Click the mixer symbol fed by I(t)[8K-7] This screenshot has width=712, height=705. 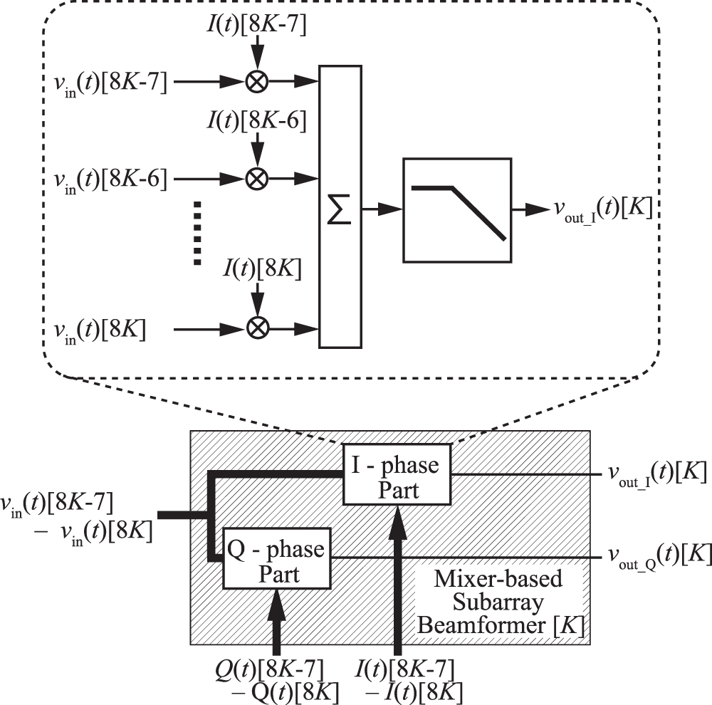pyautogui.click(x=256, y=83)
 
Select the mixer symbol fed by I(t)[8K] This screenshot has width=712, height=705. pyautogui.click(x=256, y=328)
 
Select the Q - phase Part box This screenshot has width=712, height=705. pyautogui.click(x=278, y=558)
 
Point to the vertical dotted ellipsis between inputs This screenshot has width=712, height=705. pyautogui.click(x=198, y=234)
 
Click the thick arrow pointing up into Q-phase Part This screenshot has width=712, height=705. pyautogui.click(x=278, y=620)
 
